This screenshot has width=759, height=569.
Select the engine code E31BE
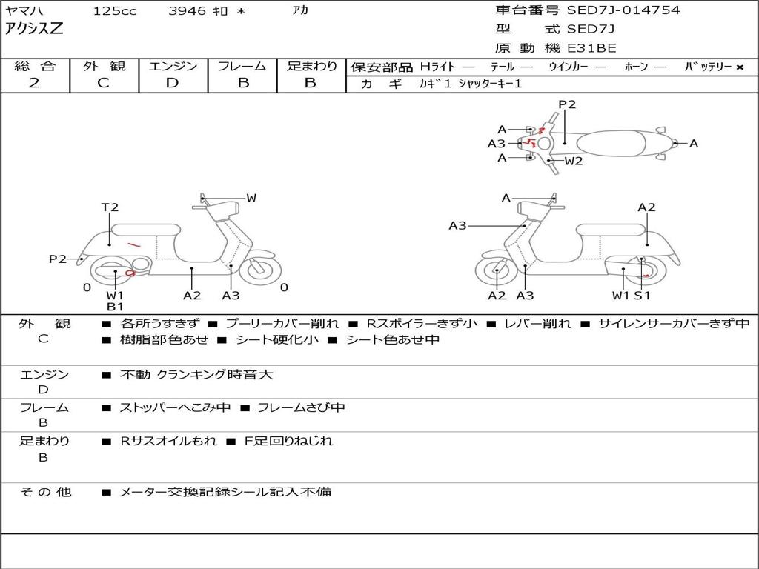tap(591, 48)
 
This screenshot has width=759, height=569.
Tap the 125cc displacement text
tap(115, 11)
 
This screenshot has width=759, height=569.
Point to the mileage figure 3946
tap(187, 11)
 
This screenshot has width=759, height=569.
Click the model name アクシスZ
tap(35, 30)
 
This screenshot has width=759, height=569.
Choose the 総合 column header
tap(35, 67)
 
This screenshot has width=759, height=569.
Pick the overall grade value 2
tap(34, 83)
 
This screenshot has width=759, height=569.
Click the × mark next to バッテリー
tap(740, 67)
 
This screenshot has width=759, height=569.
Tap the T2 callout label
tap(110, 207)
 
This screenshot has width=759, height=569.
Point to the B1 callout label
tap(115, 306)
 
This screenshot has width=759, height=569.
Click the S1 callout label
tap(642, 296)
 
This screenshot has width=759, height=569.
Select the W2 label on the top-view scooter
tap(574, 160)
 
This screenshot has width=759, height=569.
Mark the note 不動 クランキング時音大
tap(197, 375)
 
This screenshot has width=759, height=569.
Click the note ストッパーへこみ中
tap(175, 407)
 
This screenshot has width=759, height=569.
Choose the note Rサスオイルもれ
tap(169, 441)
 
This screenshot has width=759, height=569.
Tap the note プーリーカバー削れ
tap(282, 324)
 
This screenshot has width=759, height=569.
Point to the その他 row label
tap(45, 491)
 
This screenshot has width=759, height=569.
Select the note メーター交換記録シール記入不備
tap(225, 491)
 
